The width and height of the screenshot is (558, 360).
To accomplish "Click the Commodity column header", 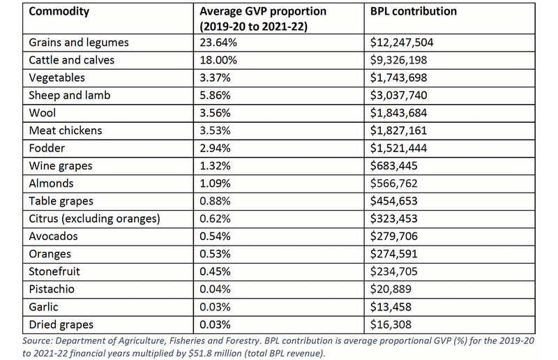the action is click(x=59, y=11).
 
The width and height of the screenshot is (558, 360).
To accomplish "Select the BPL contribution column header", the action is click(x=413, y=11).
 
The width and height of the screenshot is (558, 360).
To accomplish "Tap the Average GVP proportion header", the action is click(x=263, y=19).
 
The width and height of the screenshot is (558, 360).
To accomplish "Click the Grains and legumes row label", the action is click(x=79, y=43).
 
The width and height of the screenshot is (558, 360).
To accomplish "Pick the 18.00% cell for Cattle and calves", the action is click(x=218, y=60).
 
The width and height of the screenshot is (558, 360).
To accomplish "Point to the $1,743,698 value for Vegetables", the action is click(x=398, y=77).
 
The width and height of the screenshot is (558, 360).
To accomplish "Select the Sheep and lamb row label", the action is click(x=70, y=96).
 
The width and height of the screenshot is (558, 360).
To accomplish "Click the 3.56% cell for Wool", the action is click(x=215, y=113).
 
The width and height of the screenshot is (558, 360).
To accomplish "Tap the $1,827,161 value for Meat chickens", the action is click(x=398, y=130).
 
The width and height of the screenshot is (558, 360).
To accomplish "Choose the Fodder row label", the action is click(x=47, y=148).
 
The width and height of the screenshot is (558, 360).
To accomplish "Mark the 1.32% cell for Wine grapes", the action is click(x=215, y=166).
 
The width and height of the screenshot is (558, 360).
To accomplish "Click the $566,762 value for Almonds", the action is click(x=393, y=183).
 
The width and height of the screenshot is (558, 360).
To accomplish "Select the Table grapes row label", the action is click(x=61, y=202).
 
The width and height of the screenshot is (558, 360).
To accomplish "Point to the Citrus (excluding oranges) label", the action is click(x=94, y=219).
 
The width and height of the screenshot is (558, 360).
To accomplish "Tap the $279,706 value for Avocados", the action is click(x=393, y=237).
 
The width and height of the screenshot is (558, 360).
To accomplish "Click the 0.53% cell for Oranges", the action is click(x=215, y=254).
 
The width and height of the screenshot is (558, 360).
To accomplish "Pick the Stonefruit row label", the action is click(x=54, y=271).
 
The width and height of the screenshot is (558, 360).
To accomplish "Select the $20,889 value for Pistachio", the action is click(x=391, y=289).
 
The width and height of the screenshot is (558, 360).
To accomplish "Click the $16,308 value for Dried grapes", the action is click(x=391, y=324).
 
